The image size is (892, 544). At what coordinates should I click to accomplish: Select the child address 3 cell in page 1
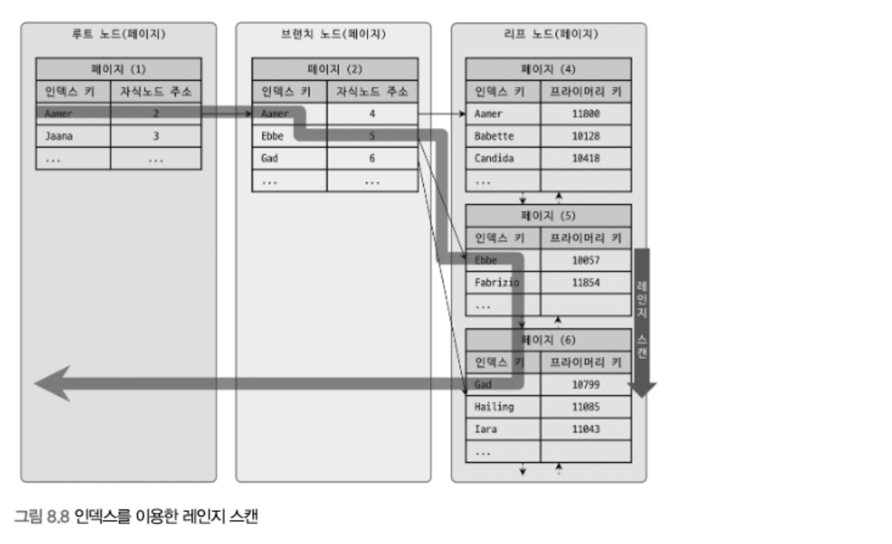pyautogui.click(x=156, y=136)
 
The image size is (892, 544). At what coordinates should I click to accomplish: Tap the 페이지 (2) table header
pyautogui.click(x=335, y=69)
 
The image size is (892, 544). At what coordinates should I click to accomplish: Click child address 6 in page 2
pyautogui.click(x=372, y=159)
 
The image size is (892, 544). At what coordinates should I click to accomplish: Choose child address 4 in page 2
pyautogui.click(x=372, y=114)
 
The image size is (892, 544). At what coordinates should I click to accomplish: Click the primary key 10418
pyautogui.click(x=585, y=159)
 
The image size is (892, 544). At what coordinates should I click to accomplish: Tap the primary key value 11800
pyautogui.click(x=585, y=114)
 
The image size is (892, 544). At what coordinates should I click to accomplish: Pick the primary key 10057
pyautogui.click(x=585, y=260)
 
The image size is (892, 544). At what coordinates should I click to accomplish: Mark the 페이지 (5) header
pyautogui.click(x=548, y=216)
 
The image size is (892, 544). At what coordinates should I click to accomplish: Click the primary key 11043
pyautogui.click(x=585, y=430)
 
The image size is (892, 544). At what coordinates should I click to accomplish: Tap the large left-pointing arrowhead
pyautogui.click(x=54, y=383)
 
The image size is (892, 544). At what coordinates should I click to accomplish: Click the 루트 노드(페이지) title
pyautogui.click(x=119, y=34)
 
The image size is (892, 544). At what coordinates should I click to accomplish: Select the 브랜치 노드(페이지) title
pyautogui.click(x=333, y=34)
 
